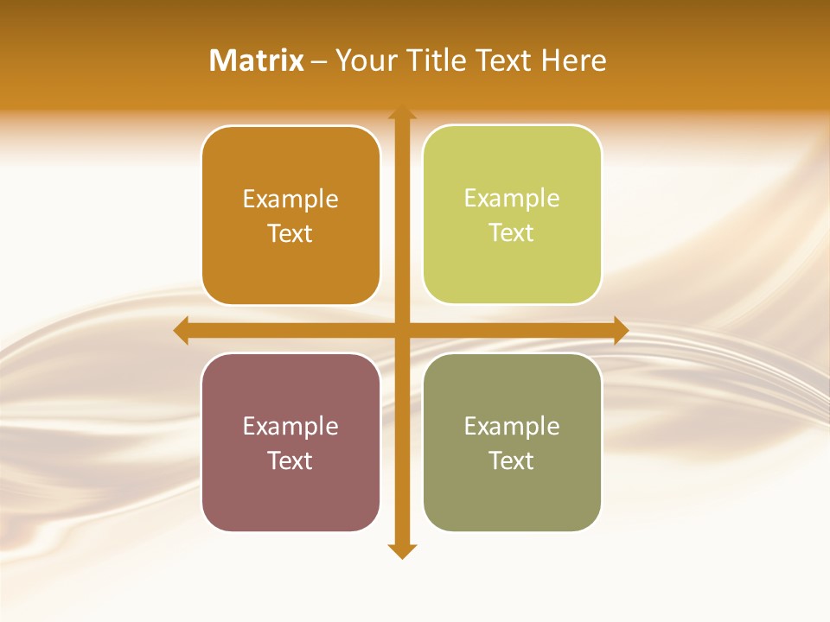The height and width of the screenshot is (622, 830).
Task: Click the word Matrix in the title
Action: point(257,60)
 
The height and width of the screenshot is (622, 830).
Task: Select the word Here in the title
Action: point(574,60)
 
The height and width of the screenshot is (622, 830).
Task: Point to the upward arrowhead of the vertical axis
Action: point(402,112)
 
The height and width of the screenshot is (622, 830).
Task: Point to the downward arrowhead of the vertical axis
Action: point(402,550)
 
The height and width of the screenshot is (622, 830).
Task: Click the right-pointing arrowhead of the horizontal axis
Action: point(621,330)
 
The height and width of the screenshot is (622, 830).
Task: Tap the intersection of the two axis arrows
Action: point(402,330)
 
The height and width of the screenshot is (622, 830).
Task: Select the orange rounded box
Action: point(290,215)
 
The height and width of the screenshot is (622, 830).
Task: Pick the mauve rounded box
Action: point(290,442)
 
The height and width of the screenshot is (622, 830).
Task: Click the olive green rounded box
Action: point(512,442)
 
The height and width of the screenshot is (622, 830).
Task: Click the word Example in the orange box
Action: point(290,199)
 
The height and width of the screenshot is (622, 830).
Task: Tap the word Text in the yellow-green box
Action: point(512,232)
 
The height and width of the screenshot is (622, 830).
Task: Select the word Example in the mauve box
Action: point(290,426)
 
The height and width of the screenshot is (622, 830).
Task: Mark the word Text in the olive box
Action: point(512,460)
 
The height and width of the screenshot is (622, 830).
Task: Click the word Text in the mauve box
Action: point(290,460)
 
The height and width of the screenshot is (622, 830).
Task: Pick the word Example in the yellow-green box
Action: point(512,198)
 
